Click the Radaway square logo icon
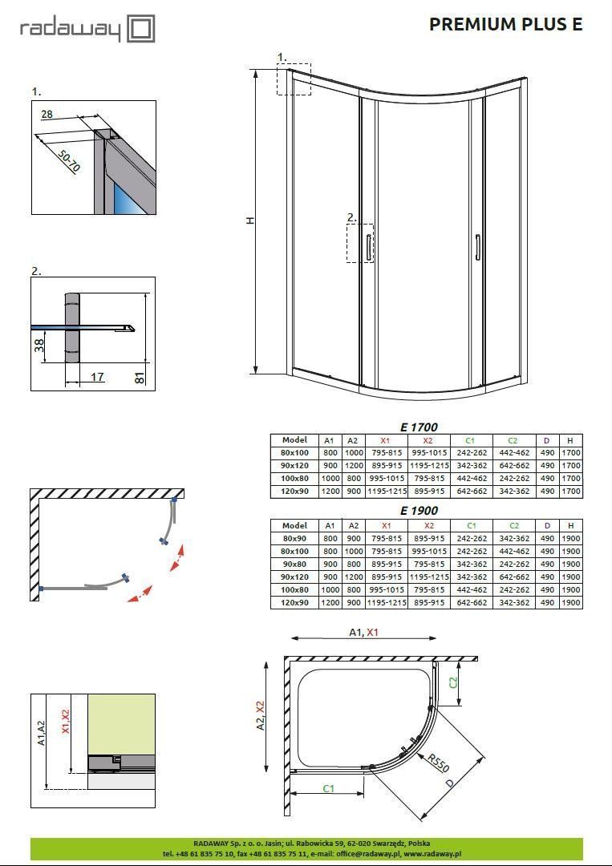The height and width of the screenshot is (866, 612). pos(140,30)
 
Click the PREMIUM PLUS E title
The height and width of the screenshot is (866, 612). pos(505,24)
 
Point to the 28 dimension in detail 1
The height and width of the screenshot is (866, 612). pos(47,115)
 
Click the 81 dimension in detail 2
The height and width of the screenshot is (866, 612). pos(140,377)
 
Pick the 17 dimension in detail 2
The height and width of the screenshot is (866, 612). pos(96,377)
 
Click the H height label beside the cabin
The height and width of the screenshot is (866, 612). pos(250,221)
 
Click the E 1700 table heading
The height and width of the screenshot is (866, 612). pos(419,427)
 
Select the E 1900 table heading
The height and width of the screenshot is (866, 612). pos(419,511)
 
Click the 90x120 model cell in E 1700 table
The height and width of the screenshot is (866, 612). pos(294,466)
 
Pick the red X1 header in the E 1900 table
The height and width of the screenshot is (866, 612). pos(385,526)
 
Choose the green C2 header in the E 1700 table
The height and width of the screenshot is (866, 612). pos(513,440)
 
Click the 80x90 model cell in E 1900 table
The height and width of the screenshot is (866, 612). pos(294,539)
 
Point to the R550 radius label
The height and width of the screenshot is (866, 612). pos(438,763)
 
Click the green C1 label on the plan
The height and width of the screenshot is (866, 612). pos(328,788)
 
